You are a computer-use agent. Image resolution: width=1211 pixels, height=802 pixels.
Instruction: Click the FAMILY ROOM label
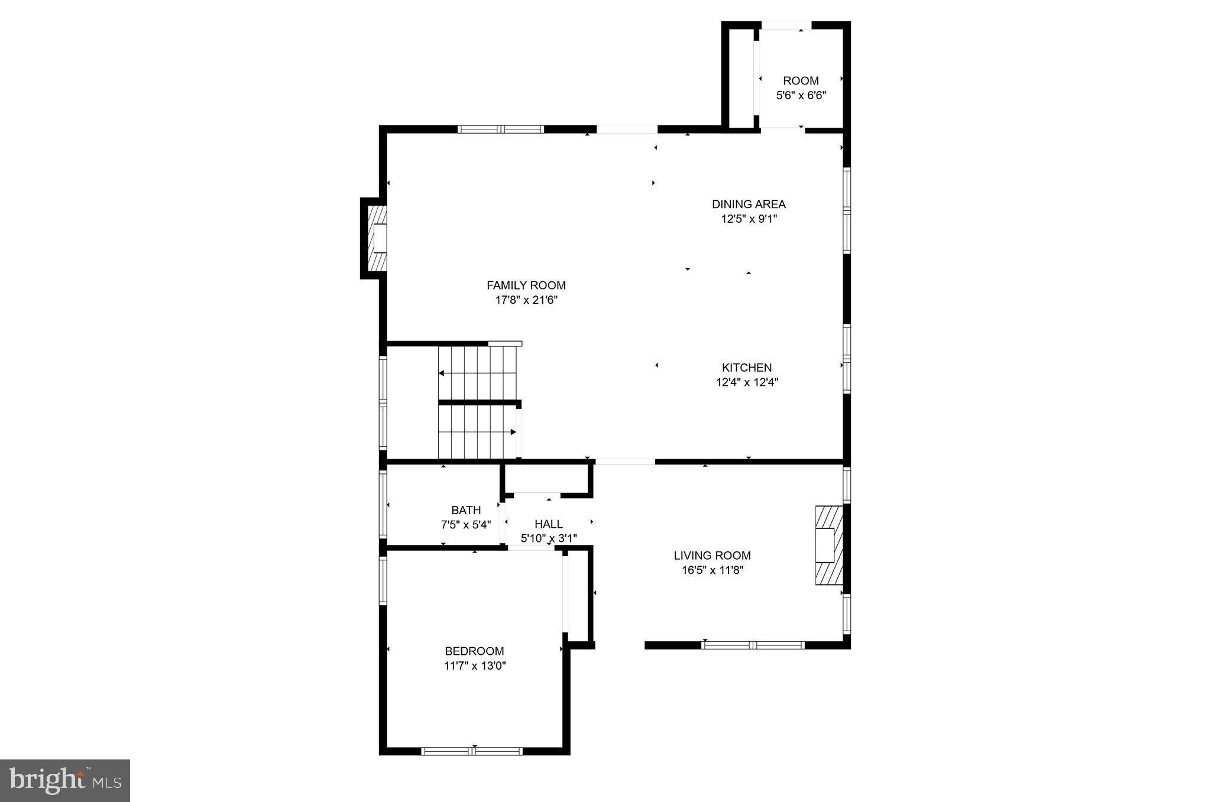coord(526,285)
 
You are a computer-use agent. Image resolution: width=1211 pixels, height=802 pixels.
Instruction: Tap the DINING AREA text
coord(748,204)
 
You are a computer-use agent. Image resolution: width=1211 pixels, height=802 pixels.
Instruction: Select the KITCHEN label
coord(746,368)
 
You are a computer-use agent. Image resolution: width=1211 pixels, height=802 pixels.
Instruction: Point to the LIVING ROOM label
coord(712,556)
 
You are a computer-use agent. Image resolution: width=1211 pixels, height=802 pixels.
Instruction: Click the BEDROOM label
coord(474,651)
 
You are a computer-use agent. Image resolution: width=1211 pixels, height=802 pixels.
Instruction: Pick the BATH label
coord(466,510)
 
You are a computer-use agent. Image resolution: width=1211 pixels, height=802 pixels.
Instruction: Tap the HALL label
coord(548,524)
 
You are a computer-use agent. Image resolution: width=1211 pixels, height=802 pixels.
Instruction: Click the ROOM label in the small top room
coord(801,81)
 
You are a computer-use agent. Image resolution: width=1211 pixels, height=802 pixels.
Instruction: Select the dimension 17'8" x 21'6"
coord(526,300)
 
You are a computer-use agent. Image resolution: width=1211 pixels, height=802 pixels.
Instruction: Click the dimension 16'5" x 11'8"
coord(712,570)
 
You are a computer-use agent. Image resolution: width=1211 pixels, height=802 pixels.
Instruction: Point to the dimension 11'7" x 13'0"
coord(474,666)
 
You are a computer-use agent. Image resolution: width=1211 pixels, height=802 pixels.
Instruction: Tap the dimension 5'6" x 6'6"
coord(801,96)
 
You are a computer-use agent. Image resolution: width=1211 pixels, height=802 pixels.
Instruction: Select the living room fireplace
coord(828,546)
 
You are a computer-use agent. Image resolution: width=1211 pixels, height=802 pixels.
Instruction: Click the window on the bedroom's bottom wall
coord(471,751)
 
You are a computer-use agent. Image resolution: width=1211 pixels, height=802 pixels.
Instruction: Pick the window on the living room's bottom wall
coord(752,645)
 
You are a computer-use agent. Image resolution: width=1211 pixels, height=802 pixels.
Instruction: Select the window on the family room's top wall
coord(500,129)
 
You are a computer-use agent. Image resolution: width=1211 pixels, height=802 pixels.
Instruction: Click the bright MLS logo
coord(65,780)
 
